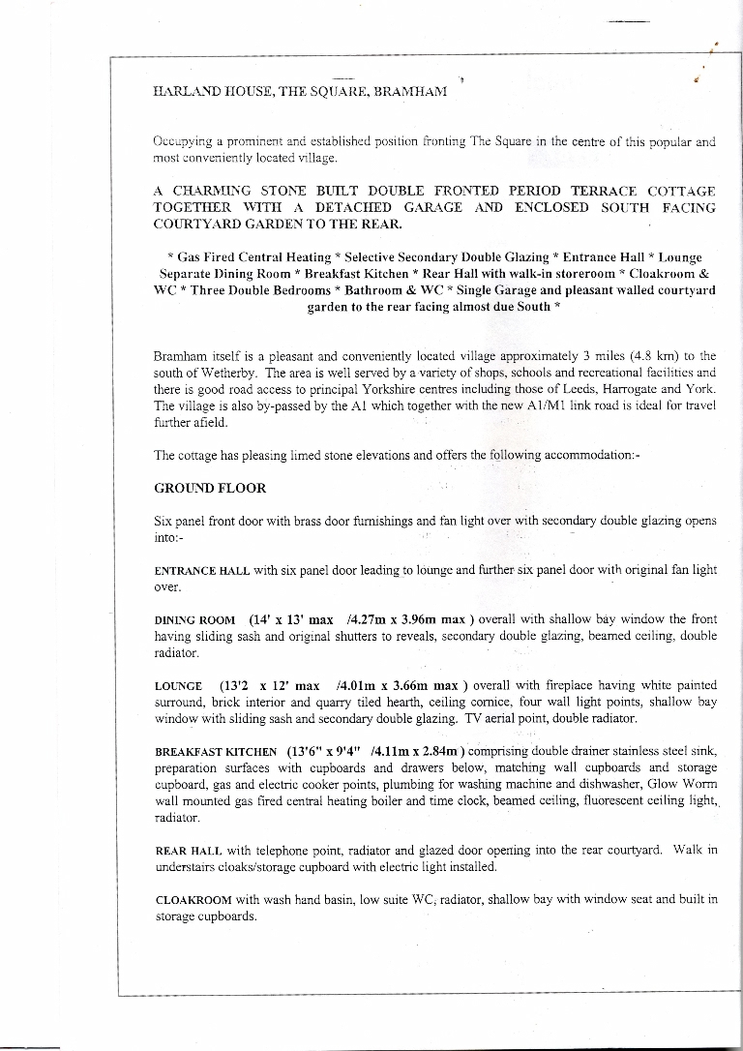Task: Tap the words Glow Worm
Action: (687, 784)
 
